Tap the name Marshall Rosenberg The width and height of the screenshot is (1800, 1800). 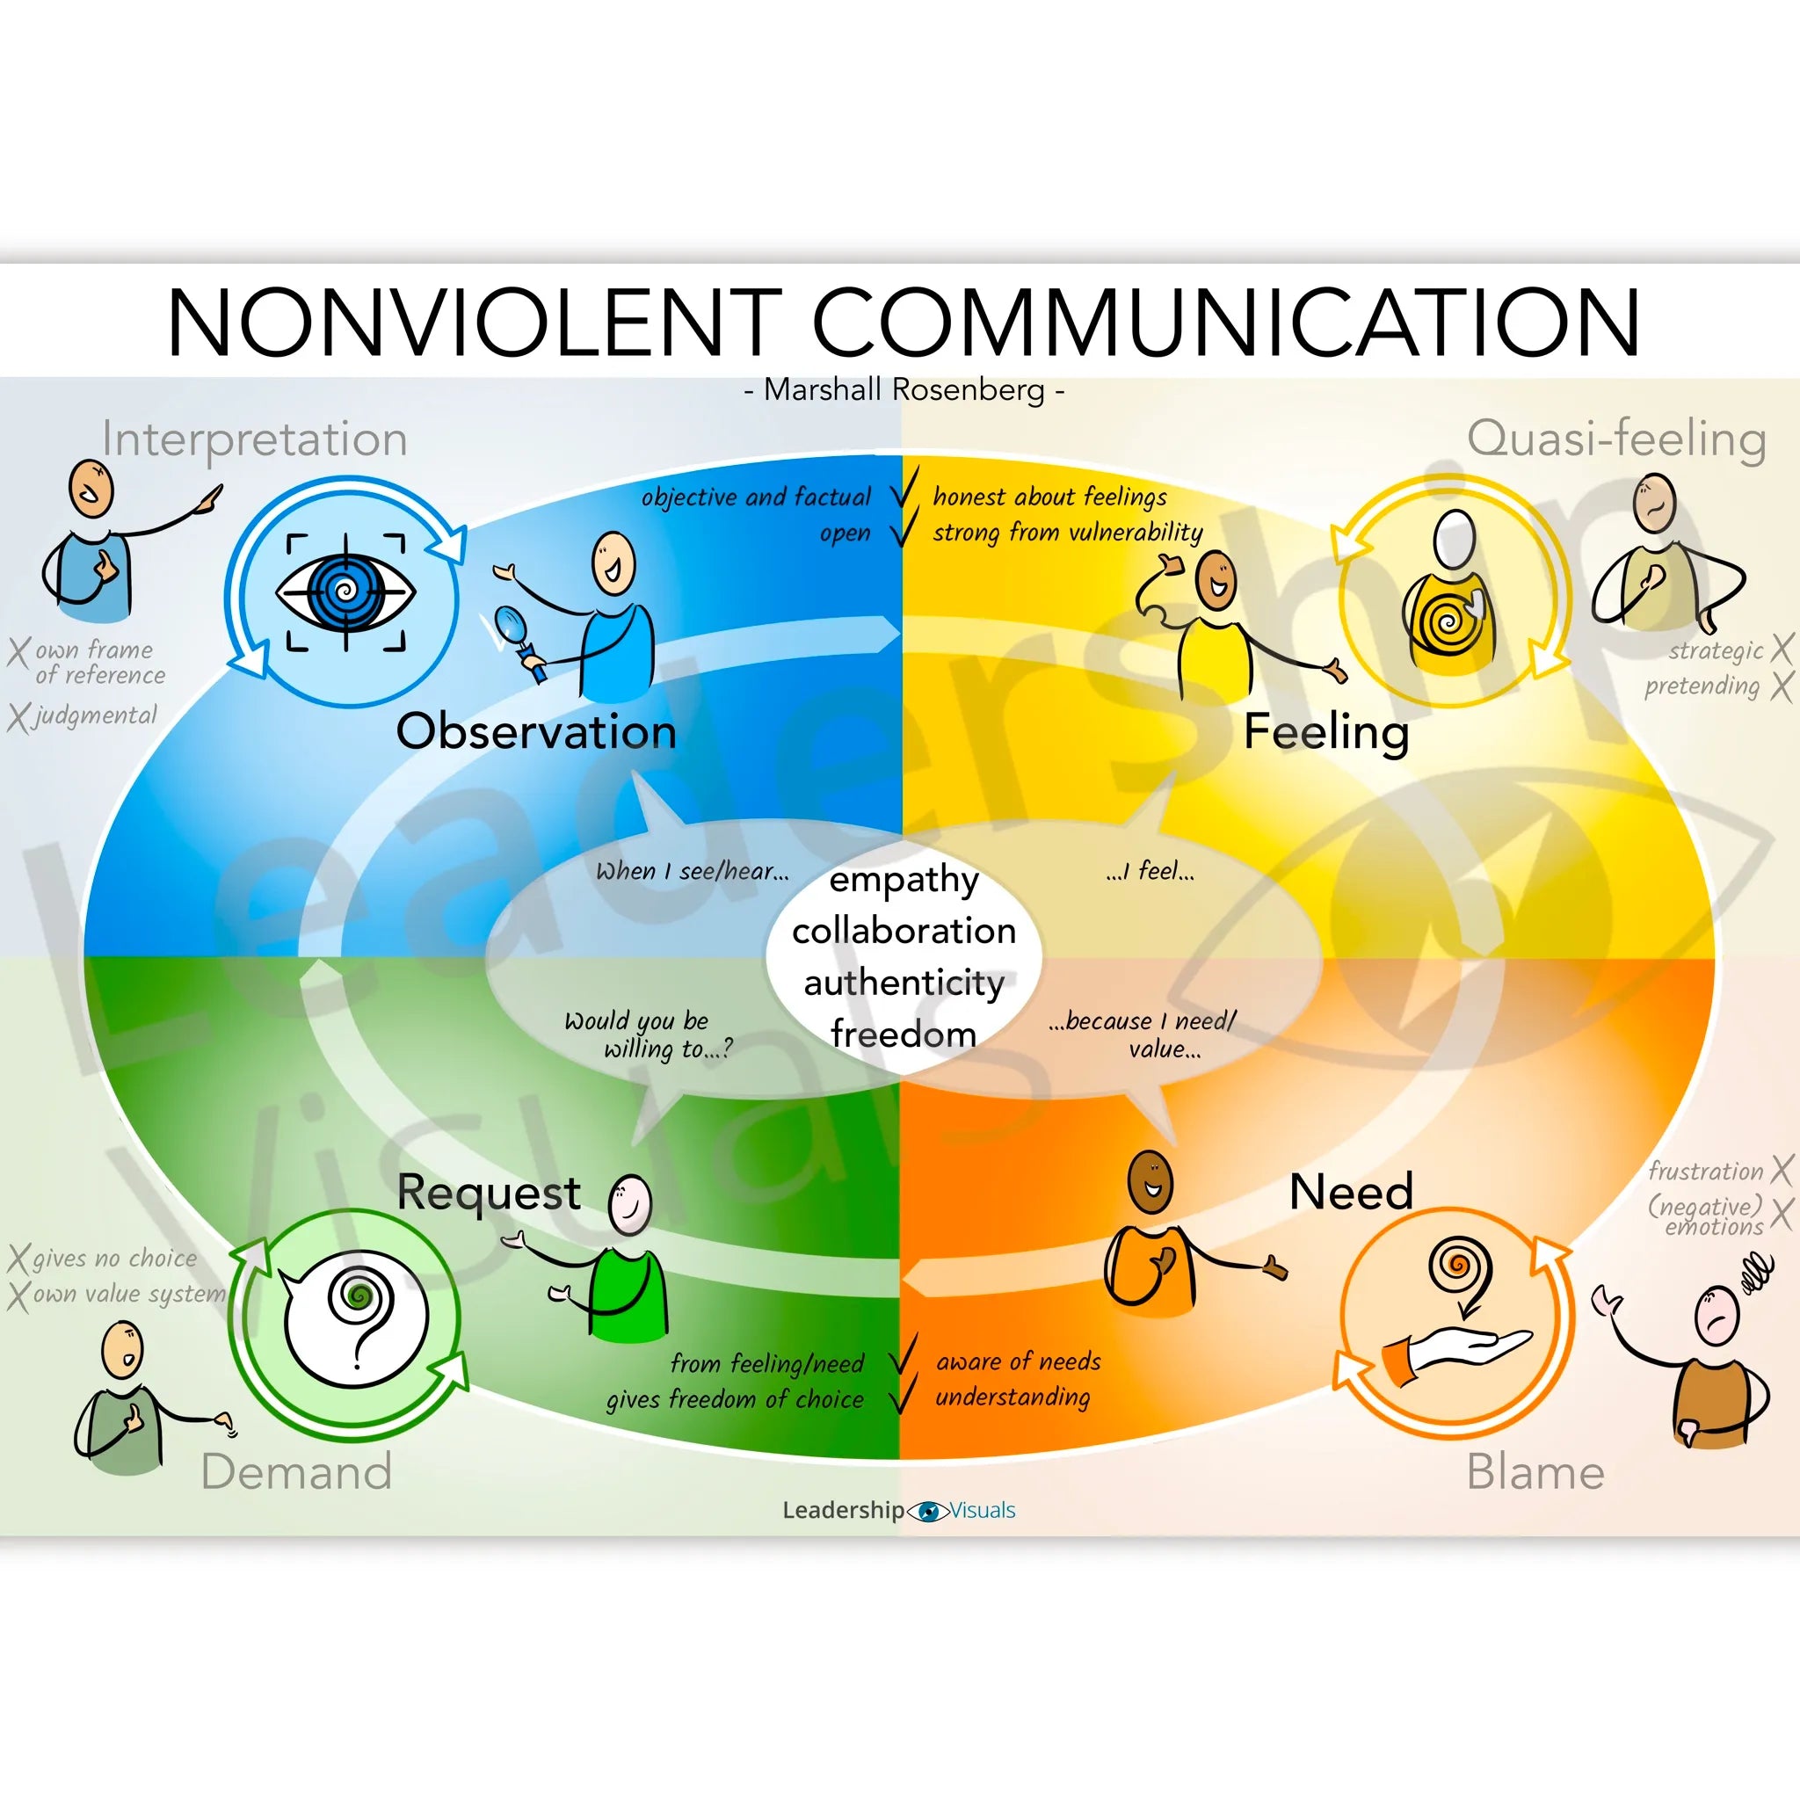(904, 389)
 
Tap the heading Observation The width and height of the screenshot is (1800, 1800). (536, 730)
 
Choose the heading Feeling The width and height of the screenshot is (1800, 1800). (1325, 731)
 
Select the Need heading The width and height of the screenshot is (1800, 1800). (1351, 1192)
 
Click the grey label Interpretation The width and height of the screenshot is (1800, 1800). (254, 438)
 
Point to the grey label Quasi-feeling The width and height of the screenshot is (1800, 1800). (1616, 438)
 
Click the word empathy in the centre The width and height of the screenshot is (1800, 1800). (904, 880)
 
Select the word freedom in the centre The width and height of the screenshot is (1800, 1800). (904, 1034)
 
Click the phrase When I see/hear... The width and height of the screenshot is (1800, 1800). (693, 871)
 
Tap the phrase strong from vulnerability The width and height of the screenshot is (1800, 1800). (1068, 532)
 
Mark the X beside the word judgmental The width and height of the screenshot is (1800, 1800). (18, 716)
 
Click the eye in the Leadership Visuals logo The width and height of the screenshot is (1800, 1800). (928, 1511)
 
